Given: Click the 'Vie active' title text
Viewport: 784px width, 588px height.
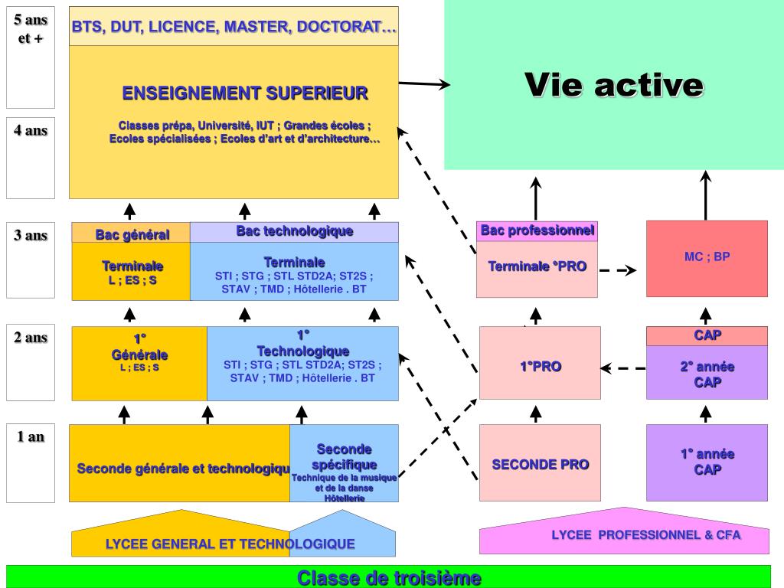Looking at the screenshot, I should point(614,85).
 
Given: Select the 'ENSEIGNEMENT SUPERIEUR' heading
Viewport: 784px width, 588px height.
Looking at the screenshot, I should point(245,93).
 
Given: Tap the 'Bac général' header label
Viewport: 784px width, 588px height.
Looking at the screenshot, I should point(132,234).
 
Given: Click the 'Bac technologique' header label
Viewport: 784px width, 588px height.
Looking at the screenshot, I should point(294,231).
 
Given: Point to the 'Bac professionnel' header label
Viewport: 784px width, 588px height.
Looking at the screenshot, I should point(537,230).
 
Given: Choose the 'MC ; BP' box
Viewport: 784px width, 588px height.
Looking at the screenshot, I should point(707,257).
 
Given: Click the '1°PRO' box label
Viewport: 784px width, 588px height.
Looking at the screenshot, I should point(540,367).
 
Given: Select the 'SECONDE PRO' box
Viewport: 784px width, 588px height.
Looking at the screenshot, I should point(540,464).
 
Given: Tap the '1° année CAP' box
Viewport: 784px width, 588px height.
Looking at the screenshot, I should point(707,462).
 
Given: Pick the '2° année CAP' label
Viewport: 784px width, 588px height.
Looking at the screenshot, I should point(707,374).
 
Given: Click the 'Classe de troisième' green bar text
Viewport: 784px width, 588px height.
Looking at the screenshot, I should point(389,577).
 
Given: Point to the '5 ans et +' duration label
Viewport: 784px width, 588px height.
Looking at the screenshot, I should point(31,28).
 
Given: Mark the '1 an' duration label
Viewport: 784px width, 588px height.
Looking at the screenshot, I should point(31,437).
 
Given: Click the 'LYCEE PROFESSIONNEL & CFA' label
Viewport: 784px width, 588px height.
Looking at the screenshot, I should point(645,535).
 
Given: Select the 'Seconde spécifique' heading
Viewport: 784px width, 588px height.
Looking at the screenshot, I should point(344,456).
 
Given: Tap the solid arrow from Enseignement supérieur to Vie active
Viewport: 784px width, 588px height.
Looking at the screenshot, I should point(424,84).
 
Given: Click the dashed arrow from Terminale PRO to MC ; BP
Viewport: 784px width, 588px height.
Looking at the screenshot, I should point(618,270).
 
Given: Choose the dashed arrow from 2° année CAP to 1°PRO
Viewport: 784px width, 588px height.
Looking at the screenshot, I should point(623,368).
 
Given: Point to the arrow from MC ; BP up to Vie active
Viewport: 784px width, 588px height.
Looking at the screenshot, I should point(706,195).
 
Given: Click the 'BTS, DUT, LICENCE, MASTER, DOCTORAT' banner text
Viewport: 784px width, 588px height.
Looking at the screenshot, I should point(234,27).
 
